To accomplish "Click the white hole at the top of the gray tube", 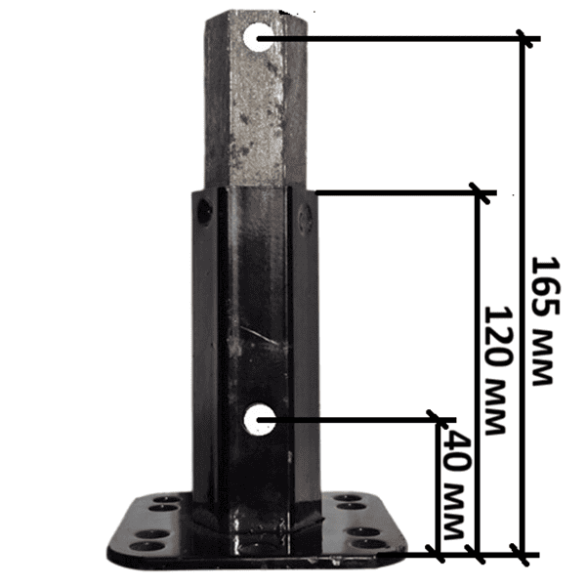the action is [x=258, y=37].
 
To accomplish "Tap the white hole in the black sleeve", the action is [x=260, y=419].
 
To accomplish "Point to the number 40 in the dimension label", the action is [x=457, y=450].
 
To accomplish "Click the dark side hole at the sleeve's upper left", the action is [x=204, y=211].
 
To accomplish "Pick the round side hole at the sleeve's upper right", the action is [x=306, y=218].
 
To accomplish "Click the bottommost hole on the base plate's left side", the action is [x=151, y=547].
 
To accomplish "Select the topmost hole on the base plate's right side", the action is [x=347, y=498].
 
